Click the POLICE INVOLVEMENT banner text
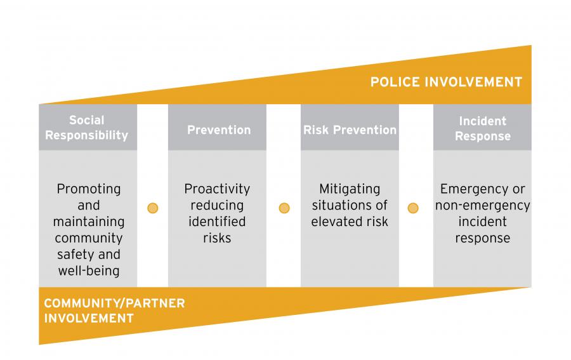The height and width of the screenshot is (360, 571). pyautogui.click(x=446, y=82)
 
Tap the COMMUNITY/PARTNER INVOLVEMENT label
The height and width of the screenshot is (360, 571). pyautogui.click(x=114, y=310)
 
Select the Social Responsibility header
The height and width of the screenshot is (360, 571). pyautogui.click(x=87, y=128)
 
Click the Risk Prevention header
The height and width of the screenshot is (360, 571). pyautogui.click(x=350, y=130)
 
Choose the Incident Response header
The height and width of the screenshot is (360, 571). pyautogui.click(x=482, y=128)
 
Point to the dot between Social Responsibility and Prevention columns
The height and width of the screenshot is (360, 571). pyautogui.click(x=152, y=208)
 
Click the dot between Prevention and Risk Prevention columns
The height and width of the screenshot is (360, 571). pyautogui.click(x=284, y=208)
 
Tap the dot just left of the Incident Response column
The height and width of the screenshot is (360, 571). pyautogui.click(x=413, y=208)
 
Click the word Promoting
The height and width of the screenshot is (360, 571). pyautogui.click(x=88, y=189)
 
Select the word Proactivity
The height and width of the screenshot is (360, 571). pyautogui.click(x=217, y=189)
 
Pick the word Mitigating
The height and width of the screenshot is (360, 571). pyautogui.click(x=350, y=189)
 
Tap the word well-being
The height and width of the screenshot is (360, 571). pyautogui.click(x=88, y=272)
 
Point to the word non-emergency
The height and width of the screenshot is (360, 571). pyautogui.click(x=482, y=206)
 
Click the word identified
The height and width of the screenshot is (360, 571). pyautogui.click(x=217, y=222)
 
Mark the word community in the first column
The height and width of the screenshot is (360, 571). pyautogui.click(x=88, y=239)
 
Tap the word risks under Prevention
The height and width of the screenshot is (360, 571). pyautogui.click(x=217, y=239)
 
